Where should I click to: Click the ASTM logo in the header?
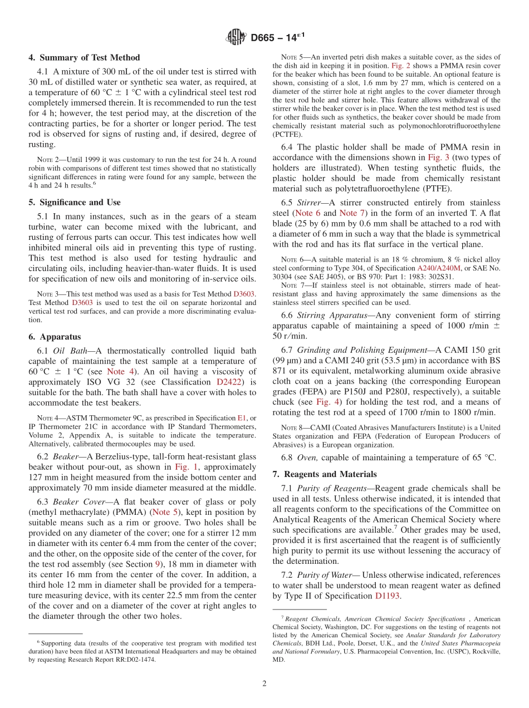237,38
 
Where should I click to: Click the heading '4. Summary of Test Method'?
84,58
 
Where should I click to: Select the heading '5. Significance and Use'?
74,203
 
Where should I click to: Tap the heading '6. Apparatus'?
55,337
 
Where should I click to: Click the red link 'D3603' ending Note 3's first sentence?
244,293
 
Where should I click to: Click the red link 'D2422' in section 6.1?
229,382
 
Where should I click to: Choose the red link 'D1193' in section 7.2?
388,596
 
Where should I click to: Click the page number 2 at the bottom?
264,684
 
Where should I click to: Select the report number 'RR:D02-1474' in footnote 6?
134,660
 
